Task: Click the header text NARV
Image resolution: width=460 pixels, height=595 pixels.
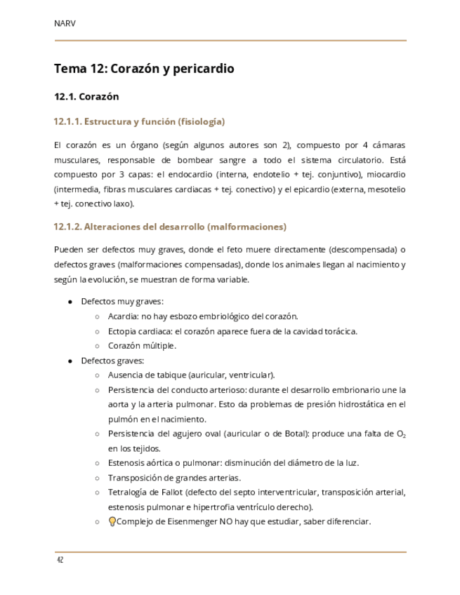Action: coord(65,23)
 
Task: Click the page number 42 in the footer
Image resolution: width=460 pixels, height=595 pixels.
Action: coord(60,560)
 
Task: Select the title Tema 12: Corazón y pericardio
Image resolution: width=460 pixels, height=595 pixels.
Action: coord(144,69)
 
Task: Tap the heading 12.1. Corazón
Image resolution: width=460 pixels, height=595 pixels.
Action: coord(86,97)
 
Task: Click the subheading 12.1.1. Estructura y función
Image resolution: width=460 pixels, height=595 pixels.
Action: coord(139,122)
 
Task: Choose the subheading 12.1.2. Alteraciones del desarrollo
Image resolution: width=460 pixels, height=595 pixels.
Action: coord(170,227)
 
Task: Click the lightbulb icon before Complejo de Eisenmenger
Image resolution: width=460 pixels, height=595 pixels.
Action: coord(112,521)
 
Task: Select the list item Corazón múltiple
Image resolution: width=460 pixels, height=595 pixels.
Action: coord(142,346)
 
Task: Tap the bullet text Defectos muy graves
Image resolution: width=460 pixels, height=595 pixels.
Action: coord(121,302)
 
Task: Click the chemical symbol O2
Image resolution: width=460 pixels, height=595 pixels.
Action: coord(400,434)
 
